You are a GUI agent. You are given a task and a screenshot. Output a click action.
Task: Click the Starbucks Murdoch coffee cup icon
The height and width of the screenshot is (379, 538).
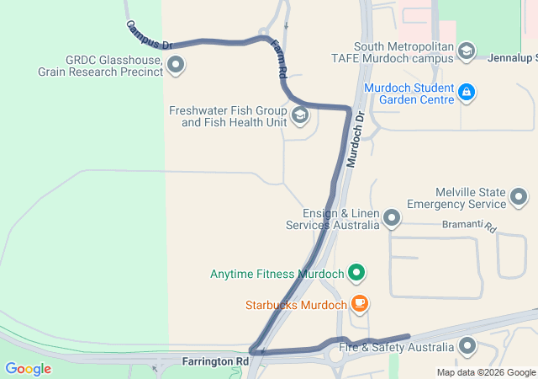click(359, 303)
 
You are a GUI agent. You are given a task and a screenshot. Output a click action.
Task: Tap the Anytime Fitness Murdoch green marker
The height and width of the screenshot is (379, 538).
click(356, 273)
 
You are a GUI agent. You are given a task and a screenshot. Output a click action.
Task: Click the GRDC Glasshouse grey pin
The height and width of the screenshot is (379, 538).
click(176, 64)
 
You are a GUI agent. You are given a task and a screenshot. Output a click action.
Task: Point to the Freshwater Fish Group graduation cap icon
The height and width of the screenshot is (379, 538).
click(299, 116)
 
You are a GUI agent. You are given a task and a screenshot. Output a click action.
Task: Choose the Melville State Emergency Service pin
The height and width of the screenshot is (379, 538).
click(520, 198)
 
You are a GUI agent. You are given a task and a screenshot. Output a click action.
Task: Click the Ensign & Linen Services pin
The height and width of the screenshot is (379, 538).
click(391, 219)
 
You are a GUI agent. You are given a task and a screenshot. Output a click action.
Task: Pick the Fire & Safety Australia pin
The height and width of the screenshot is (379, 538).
click(467, 346)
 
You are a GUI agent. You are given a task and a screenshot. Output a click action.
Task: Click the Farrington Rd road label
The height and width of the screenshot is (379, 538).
click(216, 360)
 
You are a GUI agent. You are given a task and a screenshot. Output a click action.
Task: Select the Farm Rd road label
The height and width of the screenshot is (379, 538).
click(279, 61)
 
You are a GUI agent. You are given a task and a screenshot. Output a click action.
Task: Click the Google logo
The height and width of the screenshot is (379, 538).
click(28, 369)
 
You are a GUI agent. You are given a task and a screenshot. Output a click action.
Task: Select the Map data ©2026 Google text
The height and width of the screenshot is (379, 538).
click(486, 372)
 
